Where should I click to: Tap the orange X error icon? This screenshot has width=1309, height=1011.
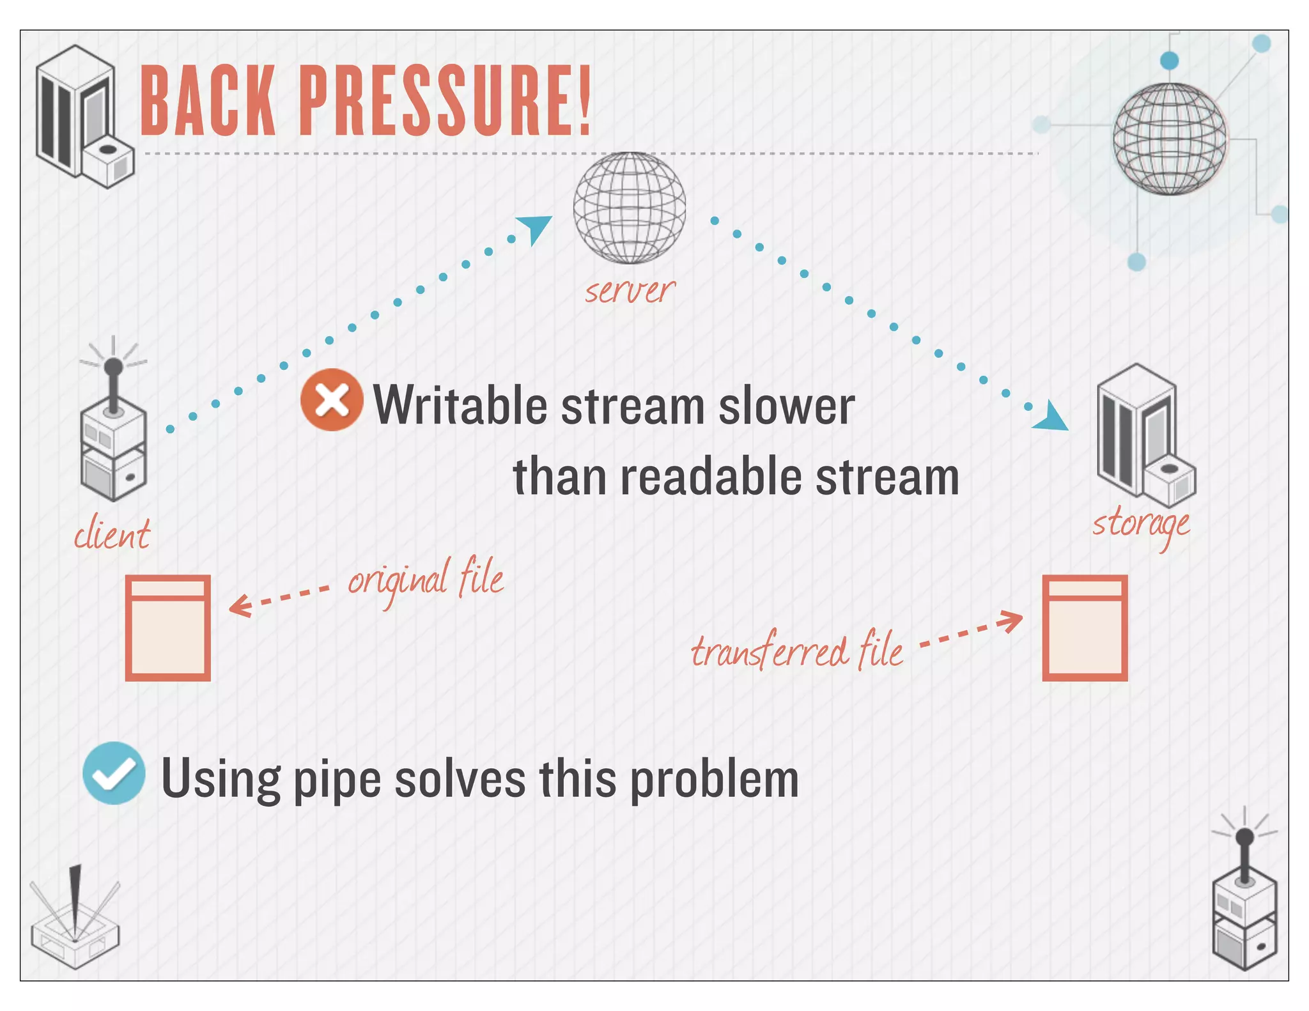[x=332, y=400]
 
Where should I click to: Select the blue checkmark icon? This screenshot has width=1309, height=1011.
[x=114, y=773]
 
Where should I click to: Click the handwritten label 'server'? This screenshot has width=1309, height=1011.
[x=630, y=291]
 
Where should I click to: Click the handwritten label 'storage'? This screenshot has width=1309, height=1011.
[x=1141, y=525]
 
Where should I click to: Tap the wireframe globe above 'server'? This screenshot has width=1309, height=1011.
[x=630, y=208]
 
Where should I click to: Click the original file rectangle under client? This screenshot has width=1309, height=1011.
[x=168, y=628]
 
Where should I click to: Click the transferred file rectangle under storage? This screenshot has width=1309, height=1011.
[x=1085, y=628]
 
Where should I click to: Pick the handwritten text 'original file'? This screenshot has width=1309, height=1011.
[x=426, y=579]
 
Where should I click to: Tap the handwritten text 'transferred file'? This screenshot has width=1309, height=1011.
[x=797, y=651]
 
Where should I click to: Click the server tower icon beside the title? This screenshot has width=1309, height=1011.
[x=83, y=116]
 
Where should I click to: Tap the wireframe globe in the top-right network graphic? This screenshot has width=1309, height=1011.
[x=1169, y=139]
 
